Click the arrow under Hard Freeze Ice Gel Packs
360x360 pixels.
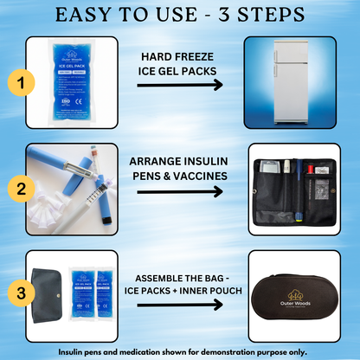[180, 85]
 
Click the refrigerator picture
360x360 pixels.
[289, 78]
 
